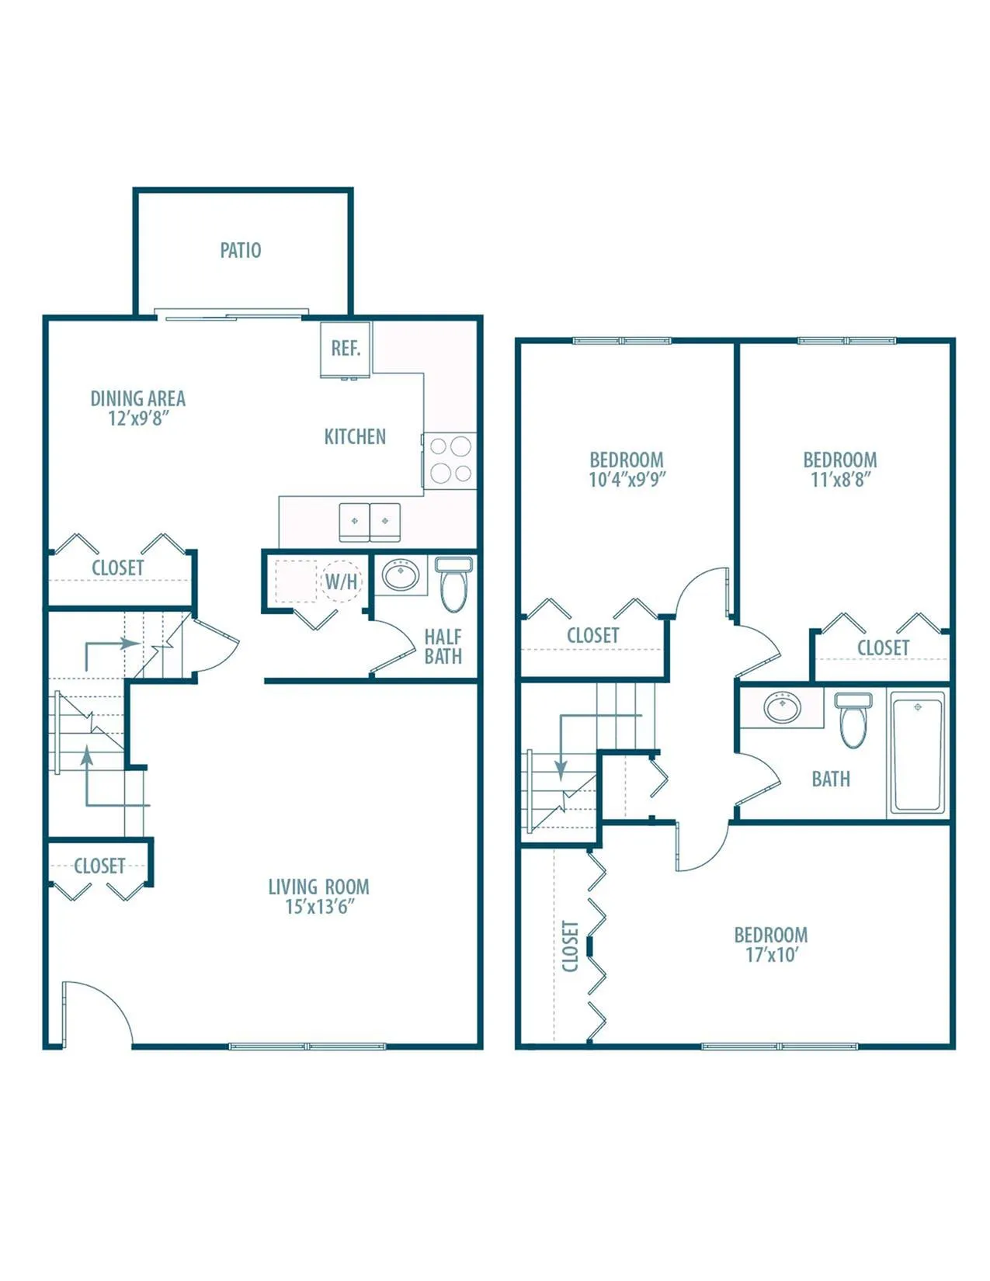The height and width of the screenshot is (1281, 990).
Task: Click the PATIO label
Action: pyautogui.click(x=241, y=250)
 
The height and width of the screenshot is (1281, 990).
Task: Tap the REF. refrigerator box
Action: pyautogui.click(x=346, y=349)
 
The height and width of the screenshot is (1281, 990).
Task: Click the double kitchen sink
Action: pyautogui.click(x=370, y=522)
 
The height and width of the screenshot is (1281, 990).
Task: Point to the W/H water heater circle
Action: pyautogui.click(x=342, y=581)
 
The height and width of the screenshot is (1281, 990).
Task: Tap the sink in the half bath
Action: pyautogui.click(x=401, y=575)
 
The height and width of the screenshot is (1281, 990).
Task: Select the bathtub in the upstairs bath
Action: pyautogui.click(x=917, y=753)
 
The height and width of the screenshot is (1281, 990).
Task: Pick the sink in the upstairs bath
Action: pyautogui.click(x=783, y=706)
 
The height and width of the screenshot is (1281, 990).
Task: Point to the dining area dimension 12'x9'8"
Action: pyautogui.click(x=139, y=418)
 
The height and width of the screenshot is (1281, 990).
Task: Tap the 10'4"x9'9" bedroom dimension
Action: pyautogui.click(x=627, y=479)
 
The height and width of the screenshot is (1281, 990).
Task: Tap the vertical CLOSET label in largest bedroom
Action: pyautogui.click(x=571, y=946)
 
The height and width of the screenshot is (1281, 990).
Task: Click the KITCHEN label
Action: pyautogui.click(x=355, y=436)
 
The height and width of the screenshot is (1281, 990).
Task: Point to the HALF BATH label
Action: pyautogui.click(x=443, y=646)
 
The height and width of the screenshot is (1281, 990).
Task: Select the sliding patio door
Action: pyautogui.click(x=231, y=314)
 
